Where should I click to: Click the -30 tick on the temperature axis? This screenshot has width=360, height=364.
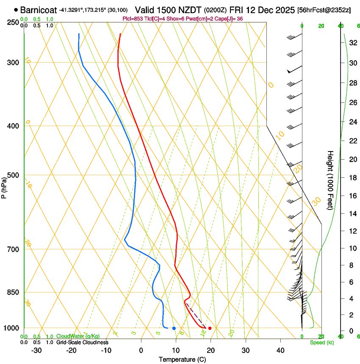click(36, 350)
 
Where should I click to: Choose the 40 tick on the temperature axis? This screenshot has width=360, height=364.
click(280, 350)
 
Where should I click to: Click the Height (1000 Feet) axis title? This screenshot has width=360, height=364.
click(330, 180)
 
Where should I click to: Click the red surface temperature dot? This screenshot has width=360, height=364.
click(210, 328)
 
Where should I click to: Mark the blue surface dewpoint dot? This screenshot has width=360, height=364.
click(174, 328)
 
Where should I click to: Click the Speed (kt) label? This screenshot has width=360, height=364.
click(321, 342)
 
